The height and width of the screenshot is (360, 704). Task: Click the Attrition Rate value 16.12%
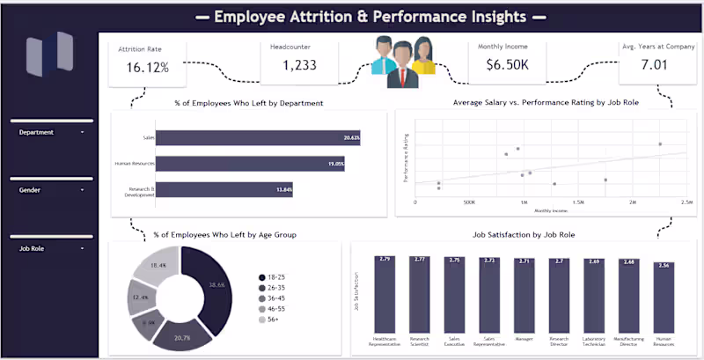[x=147, y=66]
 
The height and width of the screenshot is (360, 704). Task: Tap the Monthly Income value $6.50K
[x=505, y=65]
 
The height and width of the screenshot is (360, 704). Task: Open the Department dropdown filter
[x=52, y=132]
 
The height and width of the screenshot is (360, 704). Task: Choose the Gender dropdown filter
[x=52, y=189]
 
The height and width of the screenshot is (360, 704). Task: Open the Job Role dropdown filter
[x=52, y=248]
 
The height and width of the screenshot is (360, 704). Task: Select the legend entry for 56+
[x=273, y=320]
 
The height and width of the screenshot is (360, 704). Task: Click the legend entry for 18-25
[x=275, y=277]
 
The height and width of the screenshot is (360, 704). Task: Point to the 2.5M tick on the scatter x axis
[x=686, y=202]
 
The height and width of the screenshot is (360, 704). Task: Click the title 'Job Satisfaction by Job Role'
[x=524, y=235]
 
